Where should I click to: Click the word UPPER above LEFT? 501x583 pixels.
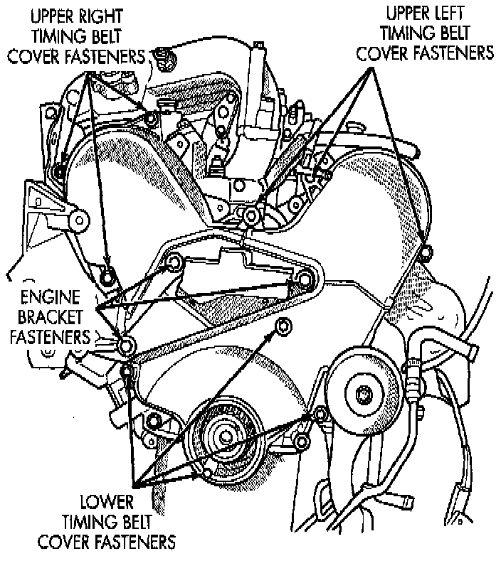(394, 14)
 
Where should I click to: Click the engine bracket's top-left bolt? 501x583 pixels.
(172, 264)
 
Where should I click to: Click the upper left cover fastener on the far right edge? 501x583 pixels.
(426, 252)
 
